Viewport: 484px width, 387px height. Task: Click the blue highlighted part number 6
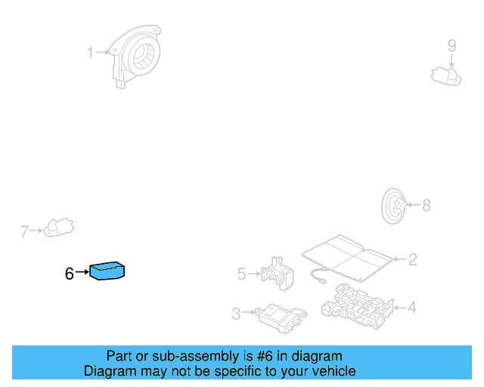[x=107, y=271]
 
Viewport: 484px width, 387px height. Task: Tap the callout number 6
[x=69, y=274]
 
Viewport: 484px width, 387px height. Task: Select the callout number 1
[x=90, y=53]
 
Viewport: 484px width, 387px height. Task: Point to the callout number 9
[x=451, y=45]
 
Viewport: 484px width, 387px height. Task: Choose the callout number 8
[x=426, y=205]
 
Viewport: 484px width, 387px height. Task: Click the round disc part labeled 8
[x=393, y=205]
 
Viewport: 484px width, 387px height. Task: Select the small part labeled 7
[x=58, y=227]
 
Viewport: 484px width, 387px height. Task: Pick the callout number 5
[x=242, y=274]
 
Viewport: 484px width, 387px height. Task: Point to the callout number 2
[x=413, y=260]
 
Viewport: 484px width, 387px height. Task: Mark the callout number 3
[x=236, y=314]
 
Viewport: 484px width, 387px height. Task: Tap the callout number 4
[x=412, y=308]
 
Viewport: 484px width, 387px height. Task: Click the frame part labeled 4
[x=355, y=304]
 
